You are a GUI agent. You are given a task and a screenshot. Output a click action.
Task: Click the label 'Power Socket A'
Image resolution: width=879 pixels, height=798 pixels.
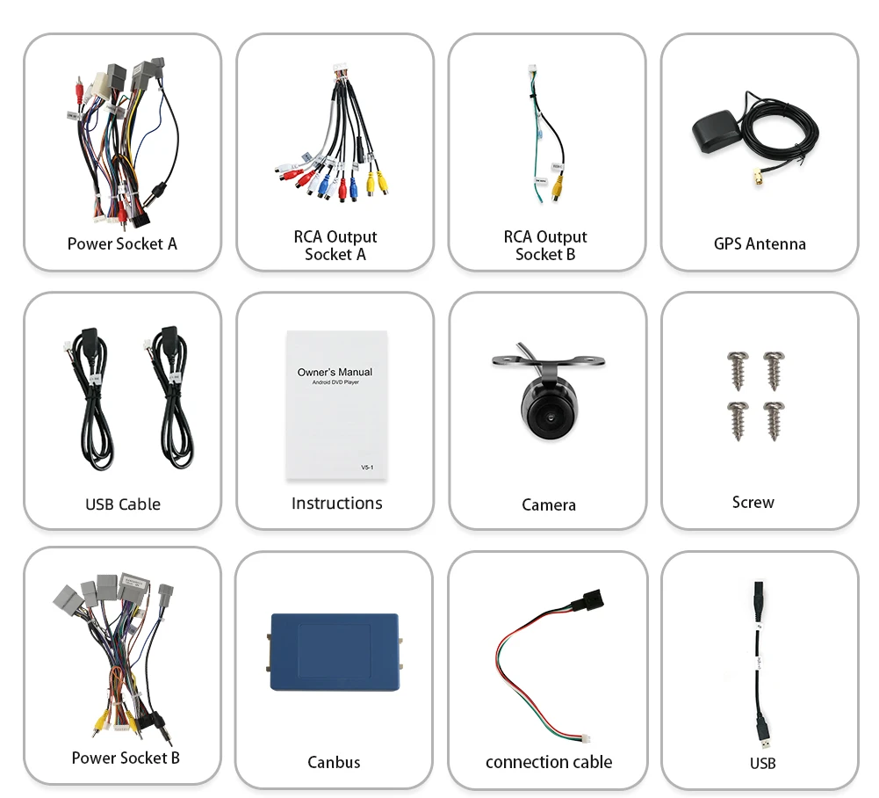(122, 243)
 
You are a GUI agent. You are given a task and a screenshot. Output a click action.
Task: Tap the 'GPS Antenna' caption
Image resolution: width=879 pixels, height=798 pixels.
(760, 243)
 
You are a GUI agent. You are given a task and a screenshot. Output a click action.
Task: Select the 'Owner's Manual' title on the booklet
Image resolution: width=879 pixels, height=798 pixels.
(335, 372)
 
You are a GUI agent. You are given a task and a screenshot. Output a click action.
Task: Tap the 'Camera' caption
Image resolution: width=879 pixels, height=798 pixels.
(549, 504)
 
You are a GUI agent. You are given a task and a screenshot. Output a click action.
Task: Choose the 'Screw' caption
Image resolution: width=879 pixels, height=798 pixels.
(753, 502)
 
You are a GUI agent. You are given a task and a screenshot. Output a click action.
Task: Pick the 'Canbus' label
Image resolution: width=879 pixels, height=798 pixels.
(334, 762)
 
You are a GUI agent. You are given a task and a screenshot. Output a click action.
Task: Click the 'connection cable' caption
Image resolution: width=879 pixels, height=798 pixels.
(549, 762)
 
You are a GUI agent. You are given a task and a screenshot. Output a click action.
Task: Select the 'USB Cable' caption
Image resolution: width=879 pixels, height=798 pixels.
(123, 504)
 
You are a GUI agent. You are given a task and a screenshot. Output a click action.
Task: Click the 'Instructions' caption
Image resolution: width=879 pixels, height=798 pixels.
(336, 503)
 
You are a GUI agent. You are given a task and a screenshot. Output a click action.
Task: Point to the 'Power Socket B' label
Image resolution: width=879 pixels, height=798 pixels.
(126, 757)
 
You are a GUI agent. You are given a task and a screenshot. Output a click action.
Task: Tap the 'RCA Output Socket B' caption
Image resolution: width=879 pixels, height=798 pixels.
(545, 245)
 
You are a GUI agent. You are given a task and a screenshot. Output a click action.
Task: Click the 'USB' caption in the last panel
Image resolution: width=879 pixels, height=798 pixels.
(762, 763)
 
